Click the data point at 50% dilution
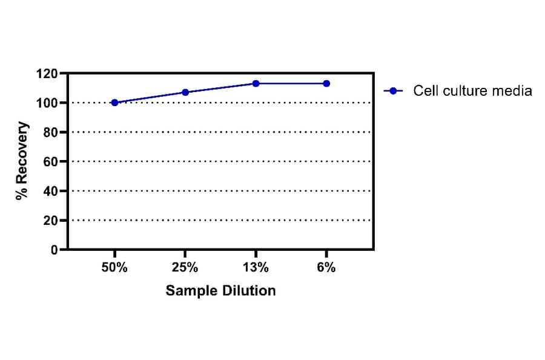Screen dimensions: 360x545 coord(114,102)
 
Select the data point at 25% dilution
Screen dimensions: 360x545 coord(185,92)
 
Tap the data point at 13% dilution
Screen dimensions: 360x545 coord(256,84)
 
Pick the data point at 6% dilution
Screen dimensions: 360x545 coord(326,84)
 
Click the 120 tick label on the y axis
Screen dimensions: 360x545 coord(47,74)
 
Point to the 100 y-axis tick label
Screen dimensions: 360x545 coord(47,103)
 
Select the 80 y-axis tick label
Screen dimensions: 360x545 coord(50,132)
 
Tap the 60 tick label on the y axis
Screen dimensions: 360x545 coord(50,162)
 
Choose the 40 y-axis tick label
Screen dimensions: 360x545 coord(50,191)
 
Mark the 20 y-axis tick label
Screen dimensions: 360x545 coord(50,221)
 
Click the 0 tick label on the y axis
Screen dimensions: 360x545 coord(54,250)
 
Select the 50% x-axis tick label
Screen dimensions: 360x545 coord(114,268)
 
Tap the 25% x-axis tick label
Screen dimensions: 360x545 coord(185,268)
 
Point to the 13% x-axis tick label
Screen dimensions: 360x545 coord(256,268)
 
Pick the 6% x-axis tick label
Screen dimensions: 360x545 coord(326,268)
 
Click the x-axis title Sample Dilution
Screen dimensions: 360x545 coord(220,291)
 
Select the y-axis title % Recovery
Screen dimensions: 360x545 coord(22,161)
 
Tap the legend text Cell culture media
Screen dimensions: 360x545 coord(472,91)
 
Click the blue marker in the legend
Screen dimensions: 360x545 coord(393,91)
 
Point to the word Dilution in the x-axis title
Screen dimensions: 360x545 coord(249,291)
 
